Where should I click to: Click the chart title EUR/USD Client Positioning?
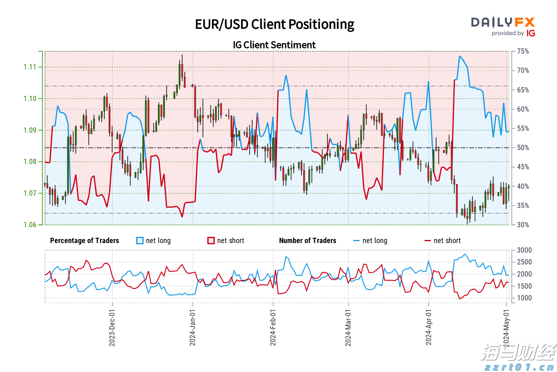click(274, 24)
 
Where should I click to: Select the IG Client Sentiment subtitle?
click(274, 45)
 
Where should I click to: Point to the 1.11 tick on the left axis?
click(30, 67)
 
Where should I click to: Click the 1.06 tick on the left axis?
click(30, 225)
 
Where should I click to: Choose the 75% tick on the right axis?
click(523, 51)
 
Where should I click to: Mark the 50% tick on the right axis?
click(523, 148)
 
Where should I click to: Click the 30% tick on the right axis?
click(523, 225)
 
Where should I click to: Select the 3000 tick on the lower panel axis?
click(524, 250)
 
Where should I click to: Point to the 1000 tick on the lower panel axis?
click(524, 298)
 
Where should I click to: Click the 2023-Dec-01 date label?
click(112, 328)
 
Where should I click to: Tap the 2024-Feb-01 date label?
click(273, 328)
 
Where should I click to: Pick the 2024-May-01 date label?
click(506, 328)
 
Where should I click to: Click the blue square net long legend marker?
click(140, 241)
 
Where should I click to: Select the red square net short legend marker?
click(211, 241)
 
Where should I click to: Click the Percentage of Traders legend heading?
click(84, 241)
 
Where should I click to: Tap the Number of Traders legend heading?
click(308, 241)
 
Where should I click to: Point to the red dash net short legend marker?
click(428, 241)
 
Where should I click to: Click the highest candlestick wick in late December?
click(182, 55)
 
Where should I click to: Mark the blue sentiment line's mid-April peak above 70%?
click(460, 56)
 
